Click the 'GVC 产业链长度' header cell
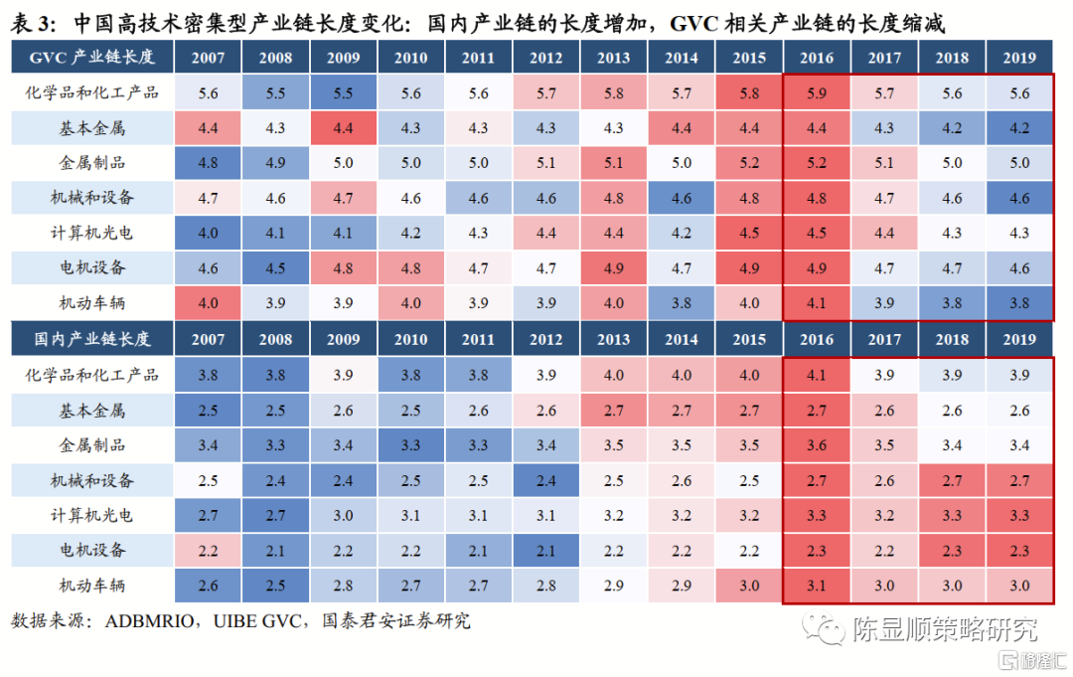(x=91, y=58)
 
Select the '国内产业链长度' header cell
(x=91, y=339)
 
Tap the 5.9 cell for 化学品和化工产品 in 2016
(x=817, y=92)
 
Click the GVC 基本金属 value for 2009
(x=343, y=127)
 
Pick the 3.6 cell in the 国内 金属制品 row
(x=817, y=444)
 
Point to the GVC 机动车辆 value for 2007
(x=208, y=303)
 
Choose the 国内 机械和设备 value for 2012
(x=545, y=480)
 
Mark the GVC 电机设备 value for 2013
(x=613, y=268)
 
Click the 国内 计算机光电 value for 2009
(x=343, y=515)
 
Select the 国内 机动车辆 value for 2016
(x=817, y=586)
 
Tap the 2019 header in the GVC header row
(x=1019, y=58)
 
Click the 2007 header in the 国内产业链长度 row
(x=208, y=339)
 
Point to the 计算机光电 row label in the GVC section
(x=91, y=233)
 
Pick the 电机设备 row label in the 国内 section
(x=91, y=550)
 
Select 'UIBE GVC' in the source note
(x=268, y=621)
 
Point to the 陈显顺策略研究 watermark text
(x=944, y=629)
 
